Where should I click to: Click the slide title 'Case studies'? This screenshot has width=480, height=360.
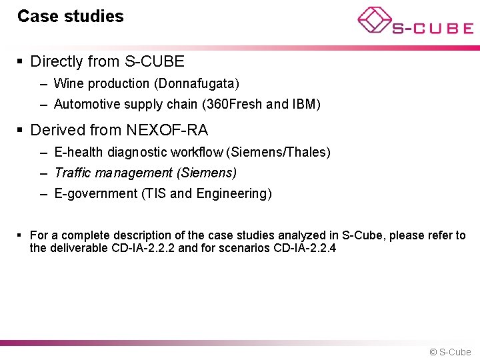70,17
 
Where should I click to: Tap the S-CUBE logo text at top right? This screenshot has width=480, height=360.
432,28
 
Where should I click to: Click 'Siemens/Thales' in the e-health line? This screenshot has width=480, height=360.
278,153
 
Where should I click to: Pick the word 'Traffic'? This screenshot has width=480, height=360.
72,173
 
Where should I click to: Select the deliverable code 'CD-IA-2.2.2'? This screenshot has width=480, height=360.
145,249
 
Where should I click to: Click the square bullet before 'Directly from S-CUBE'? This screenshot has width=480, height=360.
20,62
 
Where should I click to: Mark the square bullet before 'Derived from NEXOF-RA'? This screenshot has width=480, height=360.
20,130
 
